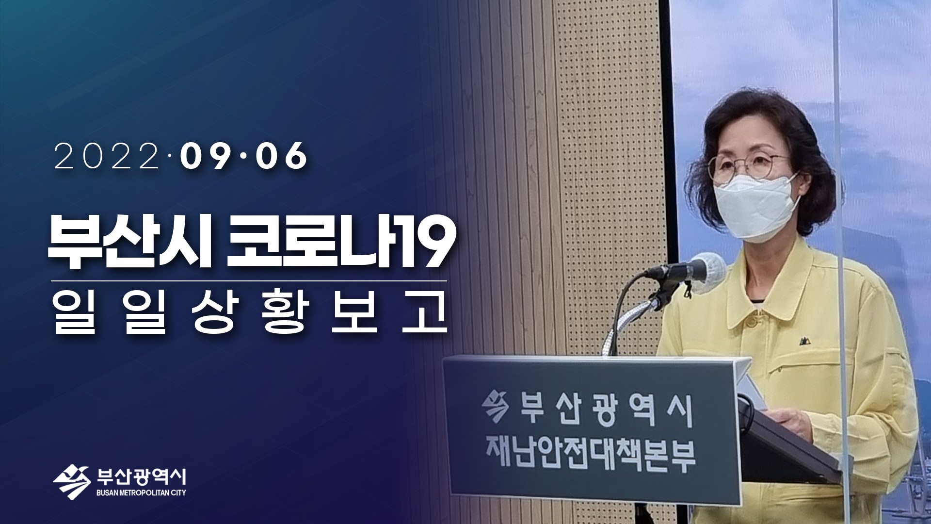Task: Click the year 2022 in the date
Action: coord(107,156)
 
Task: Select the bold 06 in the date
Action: coord(282,156)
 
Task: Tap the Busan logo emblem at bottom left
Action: coord(72,482)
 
